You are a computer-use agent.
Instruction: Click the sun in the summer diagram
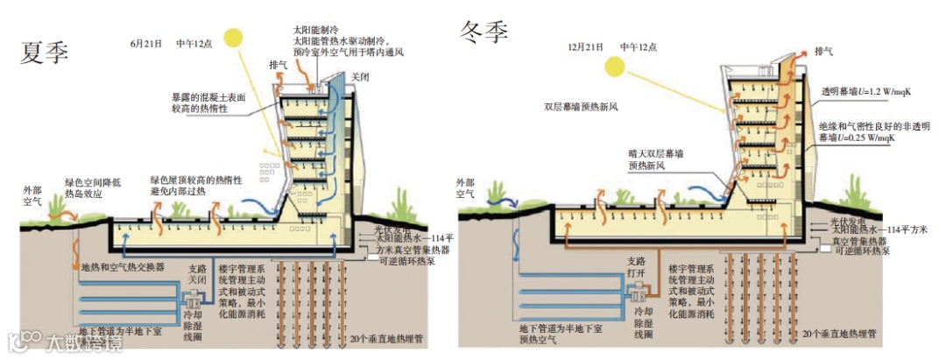tap(232, 38)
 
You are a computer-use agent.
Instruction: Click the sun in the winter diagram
tap(615, 66)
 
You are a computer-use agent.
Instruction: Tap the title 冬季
tap(484, 33)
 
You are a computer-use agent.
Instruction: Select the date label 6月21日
tap(145, 42)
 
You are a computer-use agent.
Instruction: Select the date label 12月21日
tap(584, 45)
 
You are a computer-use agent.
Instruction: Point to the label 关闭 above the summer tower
tap(360, 77)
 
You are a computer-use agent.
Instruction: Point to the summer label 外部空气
tap(32, 194)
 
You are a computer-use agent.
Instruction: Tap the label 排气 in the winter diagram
tap(823, 52)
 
